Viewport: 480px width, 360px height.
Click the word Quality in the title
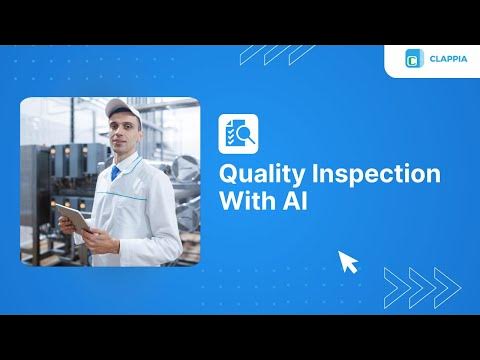click(256, 174)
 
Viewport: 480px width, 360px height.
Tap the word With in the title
click(246, 199)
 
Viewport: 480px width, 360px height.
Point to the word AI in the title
click(295, 199)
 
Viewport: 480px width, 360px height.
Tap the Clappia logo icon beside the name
click(411, 59)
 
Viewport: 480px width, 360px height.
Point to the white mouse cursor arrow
click(348, 262)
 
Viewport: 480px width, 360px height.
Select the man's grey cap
click(119, 108)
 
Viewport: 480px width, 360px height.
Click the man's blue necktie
click(116, 174)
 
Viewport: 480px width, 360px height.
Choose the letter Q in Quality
click(229, 173)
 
